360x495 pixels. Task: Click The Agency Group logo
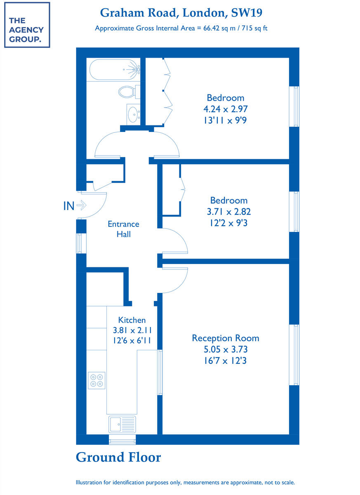[27, 25]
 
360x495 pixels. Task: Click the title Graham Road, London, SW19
[181, 13]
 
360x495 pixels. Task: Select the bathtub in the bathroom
[113, 69]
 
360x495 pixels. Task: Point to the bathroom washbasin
[133, 113]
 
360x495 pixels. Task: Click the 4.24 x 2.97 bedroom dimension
[225, 109]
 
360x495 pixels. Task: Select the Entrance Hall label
[123, 229]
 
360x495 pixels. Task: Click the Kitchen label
[132, 320]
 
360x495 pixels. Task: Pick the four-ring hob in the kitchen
[96, 380]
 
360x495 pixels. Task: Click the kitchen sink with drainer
[122, 424]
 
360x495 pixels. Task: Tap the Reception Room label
[225, 338]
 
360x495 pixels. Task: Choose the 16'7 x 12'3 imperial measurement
[225, 361]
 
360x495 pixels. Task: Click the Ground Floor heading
[118, 457]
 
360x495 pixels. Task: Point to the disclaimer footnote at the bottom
[185, 482]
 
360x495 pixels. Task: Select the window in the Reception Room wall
[294, 355]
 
